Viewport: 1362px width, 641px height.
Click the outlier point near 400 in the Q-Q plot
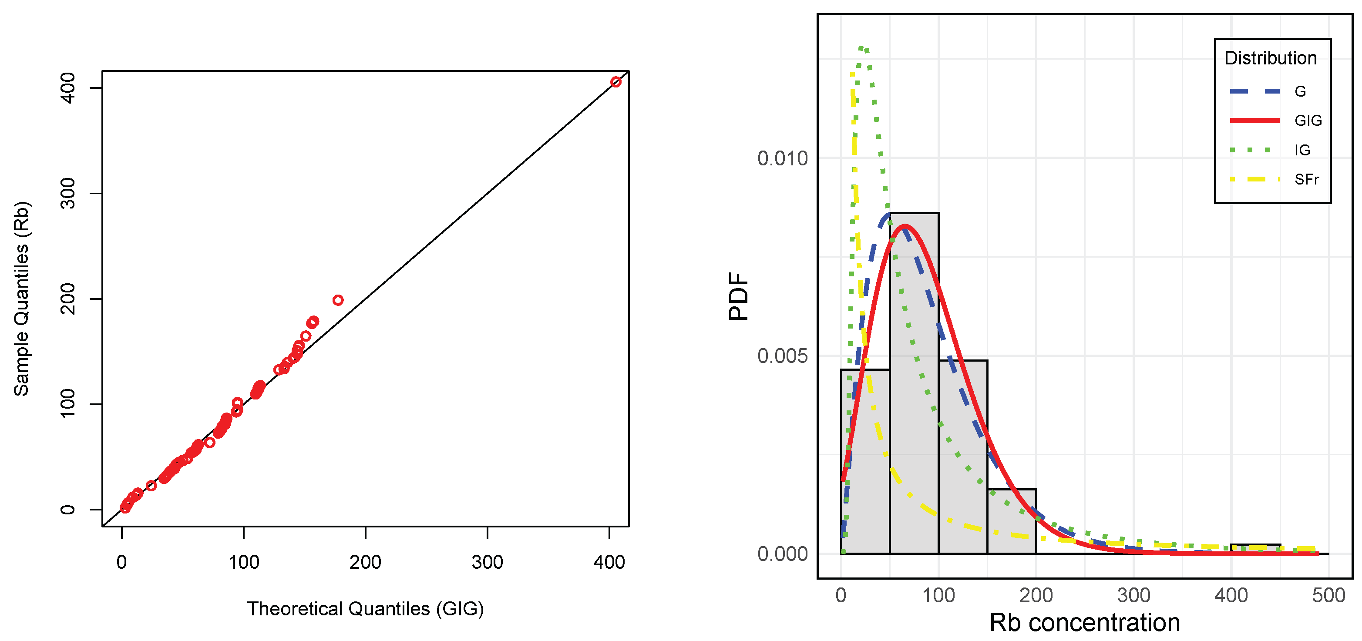[615, 81]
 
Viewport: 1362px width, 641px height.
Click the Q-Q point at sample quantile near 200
[338, 300]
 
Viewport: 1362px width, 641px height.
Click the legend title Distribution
[1270, 58]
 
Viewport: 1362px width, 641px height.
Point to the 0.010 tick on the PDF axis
[783, 158]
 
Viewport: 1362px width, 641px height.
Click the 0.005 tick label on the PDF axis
[783, 356]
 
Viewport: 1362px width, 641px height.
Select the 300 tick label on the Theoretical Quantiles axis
[487, 562]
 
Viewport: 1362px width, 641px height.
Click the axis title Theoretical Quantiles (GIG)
[365, 609]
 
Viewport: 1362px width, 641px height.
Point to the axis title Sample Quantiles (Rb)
[21, 299]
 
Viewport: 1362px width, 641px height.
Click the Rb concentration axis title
[1084, 622]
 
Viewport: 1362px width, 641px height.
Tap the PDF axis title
[739, 296]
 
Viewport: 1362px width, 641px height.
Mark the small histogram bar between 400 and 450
[1255, 548]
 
